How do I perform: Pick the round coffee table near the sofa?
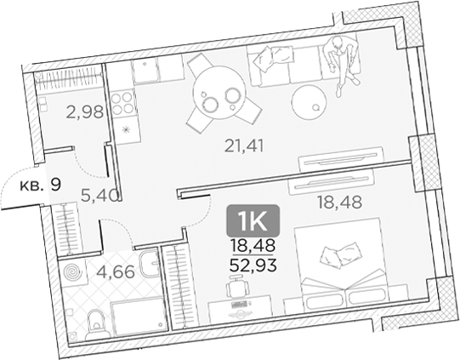(x=309, y=102)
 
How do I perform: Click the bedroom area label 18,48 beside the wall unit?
(x=334, y=202)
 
